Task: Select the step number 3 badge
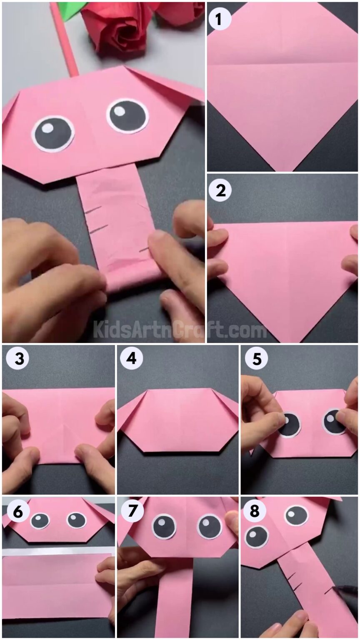click(x=17, y=358)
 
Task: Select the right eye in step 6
click(x=77, y=520)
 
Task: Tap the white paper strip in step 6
click(x=58, y=551)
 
